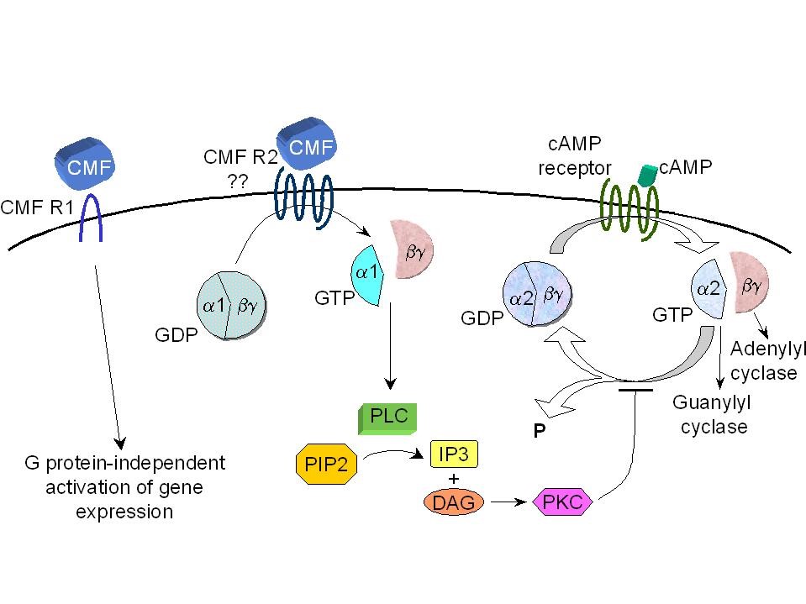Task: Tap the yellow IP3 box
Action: tap(454, 454)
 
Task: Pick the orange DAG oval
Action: tap(452, 502)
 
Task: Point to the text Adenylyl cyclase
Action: tap(763, 360)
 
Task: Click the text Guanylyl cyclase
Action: tap(712, 414)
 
